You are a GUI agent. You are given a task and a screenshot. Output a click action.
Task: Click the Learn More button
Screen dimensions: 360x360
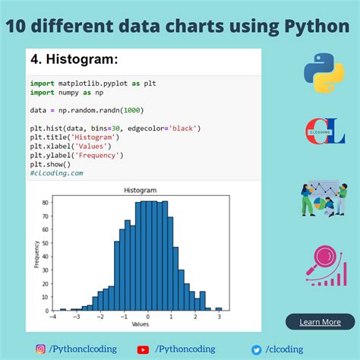(x=320, y=322)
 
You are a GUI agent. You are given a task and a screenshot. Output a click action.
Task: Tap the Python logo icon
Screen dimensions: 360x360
(x=324, y=73)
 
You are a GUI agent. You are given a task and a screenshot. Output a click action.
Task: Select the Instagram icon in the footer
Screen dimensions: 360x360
(x=40, y=349)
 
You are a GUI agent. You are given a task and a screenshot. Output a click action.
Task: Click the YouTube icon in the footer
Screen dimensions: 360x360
(x=143, y=349)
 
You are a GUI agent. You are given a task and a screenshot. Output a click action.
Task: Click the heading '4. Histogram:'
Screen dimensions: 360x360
(x=74, y=59)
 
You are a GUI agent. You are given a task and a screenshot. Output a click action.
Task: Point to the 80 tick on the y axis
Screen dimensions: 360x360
(x=45, y=203)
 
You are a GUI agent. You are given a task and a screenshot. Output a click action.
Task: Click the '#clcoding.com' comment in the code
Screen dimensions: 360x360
(x=57, y=173)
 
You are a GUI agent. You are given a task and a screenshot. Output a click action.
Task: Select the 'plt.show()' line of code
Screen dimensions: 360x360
(x=50, y=164)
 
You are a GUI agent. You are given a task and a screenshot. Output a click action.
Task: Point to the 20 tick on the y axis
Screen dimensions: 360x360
(x=45, y=284)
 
